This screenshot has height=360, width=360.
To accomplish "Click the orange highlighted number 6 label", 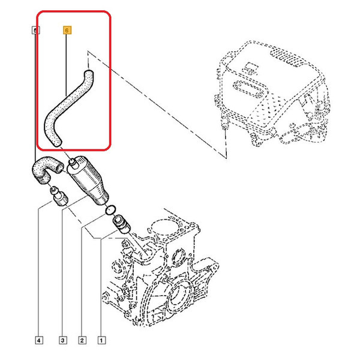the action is coord(67,30).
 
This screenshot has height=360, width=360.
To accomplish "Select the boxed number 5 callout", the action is coord(35,30).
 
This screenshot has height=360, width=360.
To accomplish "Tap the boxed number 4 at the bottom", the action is coord(39,340).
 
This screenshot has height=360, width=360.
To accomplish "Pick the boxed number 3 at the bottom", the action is coord(63,340).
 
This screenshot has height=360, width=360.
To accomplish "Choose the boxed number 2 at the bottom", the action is coord(82,340).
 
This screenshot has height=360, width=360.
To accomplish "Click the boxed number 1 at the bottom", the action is coord(101,340).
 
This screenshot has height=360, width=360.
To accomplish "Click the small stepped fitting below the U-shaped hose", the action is coord(58,196).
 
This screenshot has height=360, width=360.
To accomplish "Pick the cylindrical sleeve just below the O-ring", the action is coord(121,224).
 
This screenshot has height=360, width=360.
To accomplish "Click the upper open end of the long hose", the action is coord(88,73).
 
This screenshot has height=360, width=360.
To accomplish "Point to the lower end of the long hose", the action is coord(56,143).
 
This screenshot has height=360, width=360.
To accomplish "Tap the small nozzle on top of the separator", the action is coord(73,163).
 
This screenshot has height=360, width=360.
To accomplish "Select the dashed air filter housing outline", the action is coord(273,92).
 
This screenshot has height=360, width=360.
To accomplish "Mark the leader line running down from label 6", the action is coord(67,65).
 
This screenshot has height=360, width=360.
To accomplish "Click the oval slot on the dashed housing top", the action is coord(250,88).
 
